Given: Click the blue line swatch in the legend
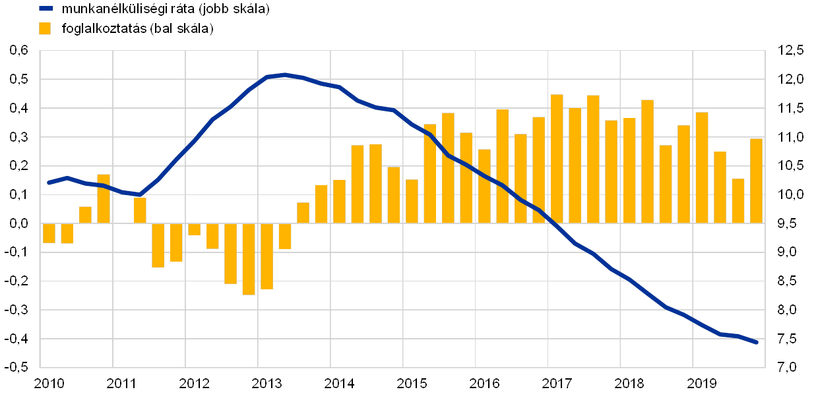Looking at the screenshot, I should pyautogui.click(x=46, y=9).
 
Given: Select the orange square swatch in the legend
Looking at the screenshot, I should pyautogui.click(x=46, y=28).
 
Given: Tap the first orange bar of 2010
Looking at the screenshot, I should pyautogui.click(x=49, y=233).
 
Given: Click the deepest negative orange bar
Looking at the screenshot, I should pyautogui.click(x=249, y=259).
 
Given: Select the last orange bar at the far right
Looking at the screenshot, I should pyautogui.click(x=756, y=181).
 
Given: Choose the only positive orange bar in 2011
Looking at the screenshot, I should pyautogui.click(x=140, y=210).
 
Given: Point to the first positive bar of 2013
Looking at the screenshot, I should pyautogui.click(x=303, y=213).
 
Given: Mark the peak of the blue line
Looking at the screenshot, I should pyautogui.click(x=284, y=75).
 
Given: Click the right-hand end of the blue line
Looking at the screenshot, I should pyautogui.click(x=756, y=342).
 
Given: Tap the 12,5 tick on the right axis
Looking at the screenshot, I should pyautogui.click(x=791, y=51).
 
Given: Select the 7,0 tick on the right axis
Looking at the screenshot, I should pyautogui.click(x=791, y=367).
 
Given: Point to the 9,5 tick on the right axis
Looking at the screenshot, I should pyautogui.click(x=791, y=223).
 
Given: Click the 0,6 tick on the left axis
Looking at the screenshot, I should pyautogui.click(x=19, y=51).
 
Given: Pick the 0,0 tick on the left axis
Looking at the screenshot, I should pyautogui.click(x=19, y=223).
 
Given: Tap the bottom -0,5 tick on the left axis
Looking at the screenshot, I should pyautogui.click(x=19, y=367).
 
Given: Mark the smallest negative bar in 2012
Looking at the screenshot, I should pyautogui.click(x=194, y=229).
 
